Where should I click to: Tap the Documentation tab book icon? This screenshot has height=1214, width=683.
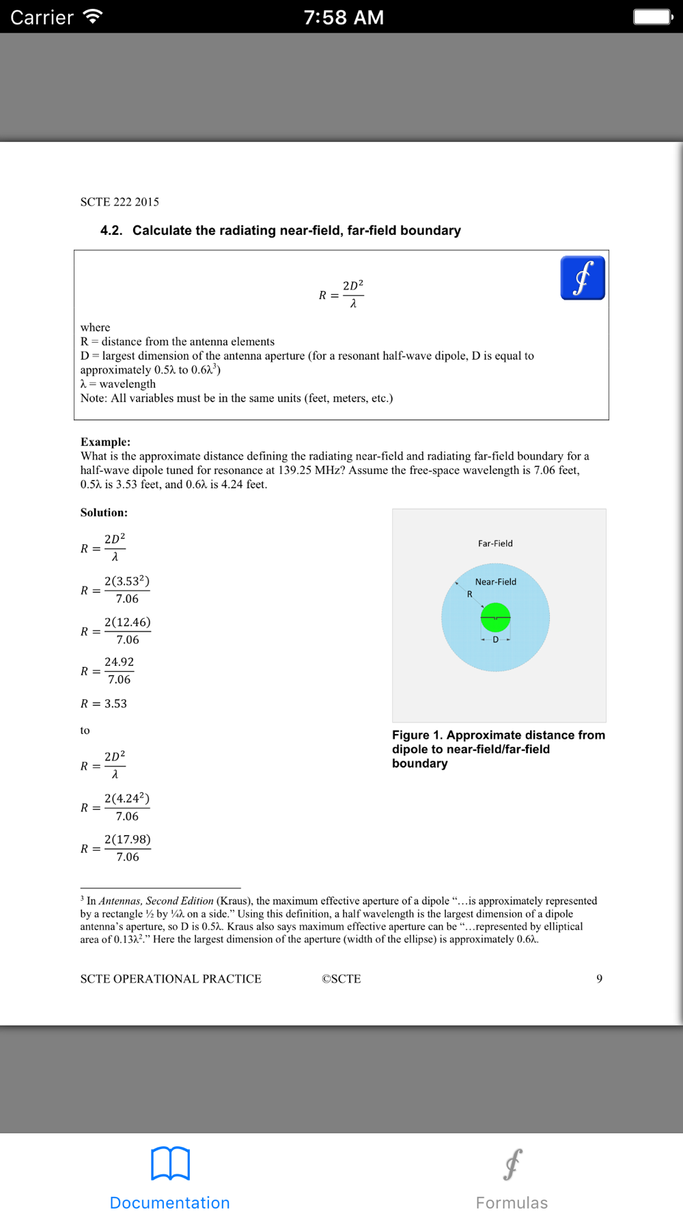coord(170,1163)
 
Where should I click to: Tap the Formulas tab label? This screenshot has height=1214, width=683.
coord(512,1202)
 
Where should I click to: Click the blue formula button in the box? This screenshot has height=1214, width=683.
coord(582,278)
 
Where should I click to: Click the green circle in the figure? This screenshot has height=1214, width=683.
coord(495,617)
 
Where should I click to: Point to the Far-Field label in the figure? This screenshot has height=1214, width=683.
coord(495,544)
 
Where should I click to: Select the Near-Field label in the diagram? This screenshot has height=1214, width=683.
coord(495,582)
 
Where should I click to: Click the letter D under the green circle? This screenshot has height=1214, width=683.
coord(495,640)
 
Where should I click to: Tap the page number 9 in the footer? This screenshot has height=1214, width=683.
coord(599,978)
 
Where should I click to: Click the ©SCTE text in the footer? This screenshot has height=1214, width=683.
coord(341,978)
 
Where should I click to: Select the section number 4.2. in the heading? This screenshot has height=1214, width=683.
coord(111,231)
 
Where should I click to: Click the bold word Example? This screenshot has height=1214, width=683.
coord(105,442)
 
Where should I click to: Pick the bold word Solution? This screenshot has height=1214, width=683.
coord(104,512)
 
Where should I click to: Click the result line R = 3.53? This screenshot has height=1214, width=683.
coord(104,703)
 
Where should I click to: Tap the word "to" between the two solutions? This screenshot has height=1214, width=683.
coord(85,731)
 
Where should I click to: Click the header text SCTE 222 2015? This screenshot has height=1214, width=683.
coord(120,202)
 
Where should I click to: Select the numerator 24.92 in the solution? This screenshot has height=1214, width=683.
coord(119,662)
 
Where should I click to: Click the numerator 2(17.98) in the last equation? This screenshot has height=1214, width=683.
coord(127,839)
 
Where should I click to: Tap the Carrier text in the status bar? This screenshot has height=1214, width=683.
coord(42,17)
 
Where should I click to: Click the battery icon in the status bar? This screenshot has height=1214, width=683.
coord(652,17)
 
